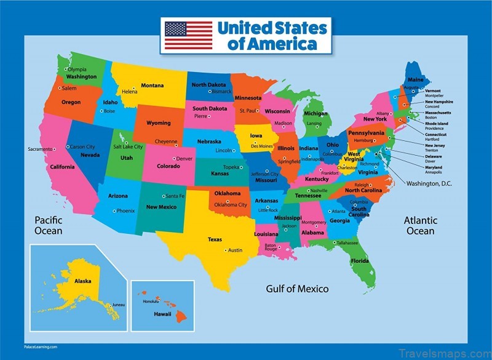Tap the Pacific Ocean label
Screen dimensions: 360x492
pos(49,225)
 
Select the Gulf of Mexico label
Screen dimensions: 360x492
pos(297,289)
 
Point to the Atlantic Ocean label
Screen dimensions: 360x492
pos(420,226)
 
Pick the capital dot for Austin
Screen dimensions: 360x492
pos(226,250)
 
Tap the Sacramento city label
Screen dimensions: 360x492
pos(40,149)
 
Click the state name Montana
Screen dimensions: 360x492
pos(152,86)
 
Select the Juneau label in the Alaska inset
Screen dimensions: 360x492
pos(118,305)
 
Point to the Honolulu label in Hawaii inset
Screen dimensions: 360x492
pos(151,302)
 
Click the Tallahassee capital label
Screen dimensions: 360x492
pos(348,242)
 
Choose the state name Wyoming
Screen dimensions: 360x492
pos(158,123)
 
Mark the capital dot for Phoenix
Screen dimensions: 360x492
pos(114,210)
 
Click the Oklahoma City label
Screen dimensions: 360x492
pos(230,205)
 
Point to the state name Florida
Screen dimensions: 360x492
pos(360,261)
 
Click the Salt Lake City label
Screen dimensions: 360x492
pos(127,147)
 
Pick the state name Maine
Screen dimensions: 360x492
pos(416,80)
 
